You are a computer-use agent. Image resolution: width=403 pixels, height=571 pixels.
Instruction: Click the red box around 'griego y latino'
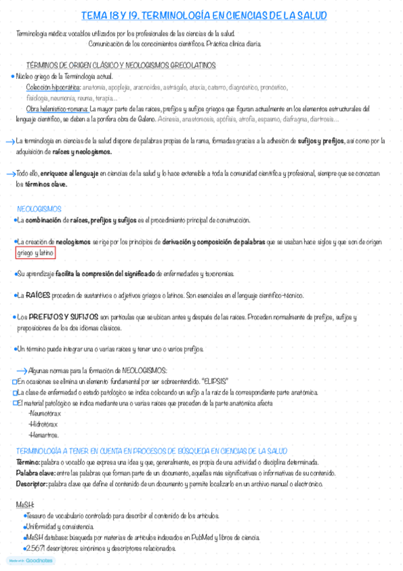(x=36, y=253)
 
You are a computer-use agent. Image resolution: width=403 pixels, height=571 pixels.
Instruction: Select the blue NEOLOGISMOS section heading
(x=38, y=209)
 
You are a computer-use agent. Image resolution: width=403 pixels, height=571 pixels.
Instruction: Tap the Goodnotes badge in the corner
(x=31, y=560)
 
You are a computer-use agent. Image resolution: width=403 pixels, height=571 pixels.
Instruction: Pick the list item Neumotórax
(x=44, y=414)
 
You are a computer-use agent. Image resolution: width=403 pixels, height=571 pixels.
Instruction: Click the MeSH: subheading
(x=24, y=504)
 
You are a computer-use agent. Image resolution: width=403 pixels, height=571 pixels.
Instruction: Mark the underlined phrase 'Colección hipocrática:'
(x=54, y=88)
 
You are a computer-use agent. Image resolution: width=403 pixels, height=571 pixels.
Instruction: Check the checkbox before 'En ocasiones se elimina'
(x=15, y=381)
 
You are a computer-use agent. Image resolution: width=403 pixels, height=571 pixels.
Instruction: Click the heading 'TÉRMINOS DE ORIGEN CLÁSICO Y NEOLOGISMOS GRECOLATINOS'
(x=121, y=65)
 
